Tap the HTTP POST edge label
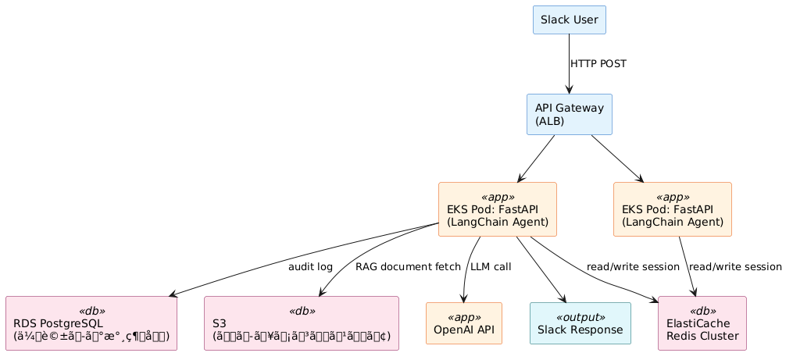pos(598,64)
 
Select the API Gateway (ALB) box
pos(569,114)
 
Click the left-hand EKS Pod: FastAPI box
pos(497,209)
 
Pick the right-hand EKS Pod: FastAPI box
pos(672,209)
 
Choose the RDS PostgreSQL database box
pos(91,323)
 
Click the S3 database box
pos(301,323)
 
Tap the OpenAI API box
pos(463,323)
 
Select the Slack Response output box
pos(580,323)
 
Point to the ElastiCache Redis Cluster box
pos(702,323)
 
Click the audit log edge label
pos(310,267)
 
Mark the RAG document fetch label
pos(408,267)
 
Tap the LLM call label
pos(491,267)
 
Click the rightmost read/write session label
pos(735,267)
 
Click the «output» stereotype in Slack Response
pos(580,317)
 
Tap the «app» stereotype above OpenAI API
pos(463,317)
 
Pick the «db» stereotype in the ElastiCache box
pos(702,311)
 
